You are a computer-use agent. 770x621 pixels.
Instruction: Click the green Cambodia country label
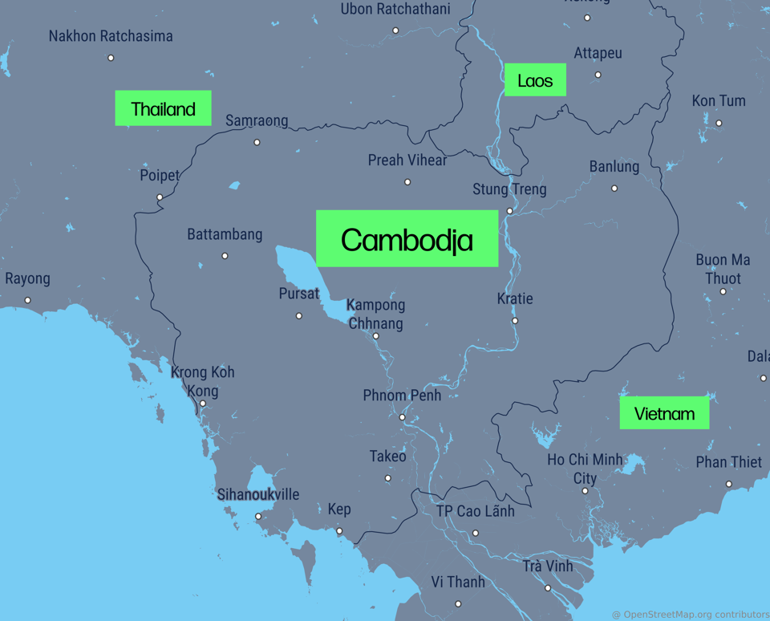tap(407, 239)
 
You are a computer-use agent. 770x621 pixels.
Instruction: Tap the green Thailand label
tap(163, 108)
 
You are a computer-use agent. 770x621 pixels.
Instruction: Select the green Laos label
tap(535, 80)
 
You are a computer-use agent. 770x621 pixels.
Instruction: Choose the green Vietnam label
tap(664, 413)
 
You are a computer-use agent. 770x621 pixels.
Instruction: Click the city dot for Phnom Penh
tap(403, 417)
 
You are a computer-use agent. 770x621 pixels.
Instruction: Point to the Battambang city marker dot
tap(225, 256)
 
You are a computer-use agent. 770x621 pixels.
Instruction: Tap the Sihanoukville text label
tap(257, 494)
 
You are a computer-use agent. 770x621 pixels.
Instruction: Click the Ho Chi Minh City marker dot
tap(585, 490)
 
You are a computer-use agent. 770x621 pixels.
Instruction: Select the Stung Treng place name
tap(509, 189)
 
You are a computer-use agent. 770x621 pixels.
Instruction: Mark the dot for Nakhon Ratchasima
tap(111, 58)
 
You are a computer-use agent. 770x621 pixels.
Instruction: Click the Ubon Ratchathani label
tap(395, 10)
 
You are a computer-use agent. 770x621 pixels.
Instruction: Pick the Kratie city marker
tap(515, 321)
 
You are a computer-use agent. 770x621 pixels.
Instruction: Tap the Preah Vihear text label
tap(407, 160)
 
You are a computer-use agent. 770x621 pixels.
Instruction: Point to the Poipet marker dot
tap(160, 197)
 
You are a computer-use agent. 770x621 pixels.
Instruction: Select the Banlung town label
tap(614, 167)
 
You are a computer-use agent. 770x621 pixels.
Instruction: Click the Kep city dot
tap(339, 531)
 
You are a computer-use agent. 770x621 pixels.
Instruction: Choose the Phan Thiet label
tap(728, 462)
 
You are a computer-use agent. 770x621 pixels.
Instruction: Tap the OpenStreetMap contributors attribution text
tap(690, 615)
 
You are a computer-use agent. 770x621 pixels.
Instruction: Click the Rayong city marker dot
tap(28, 300)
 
